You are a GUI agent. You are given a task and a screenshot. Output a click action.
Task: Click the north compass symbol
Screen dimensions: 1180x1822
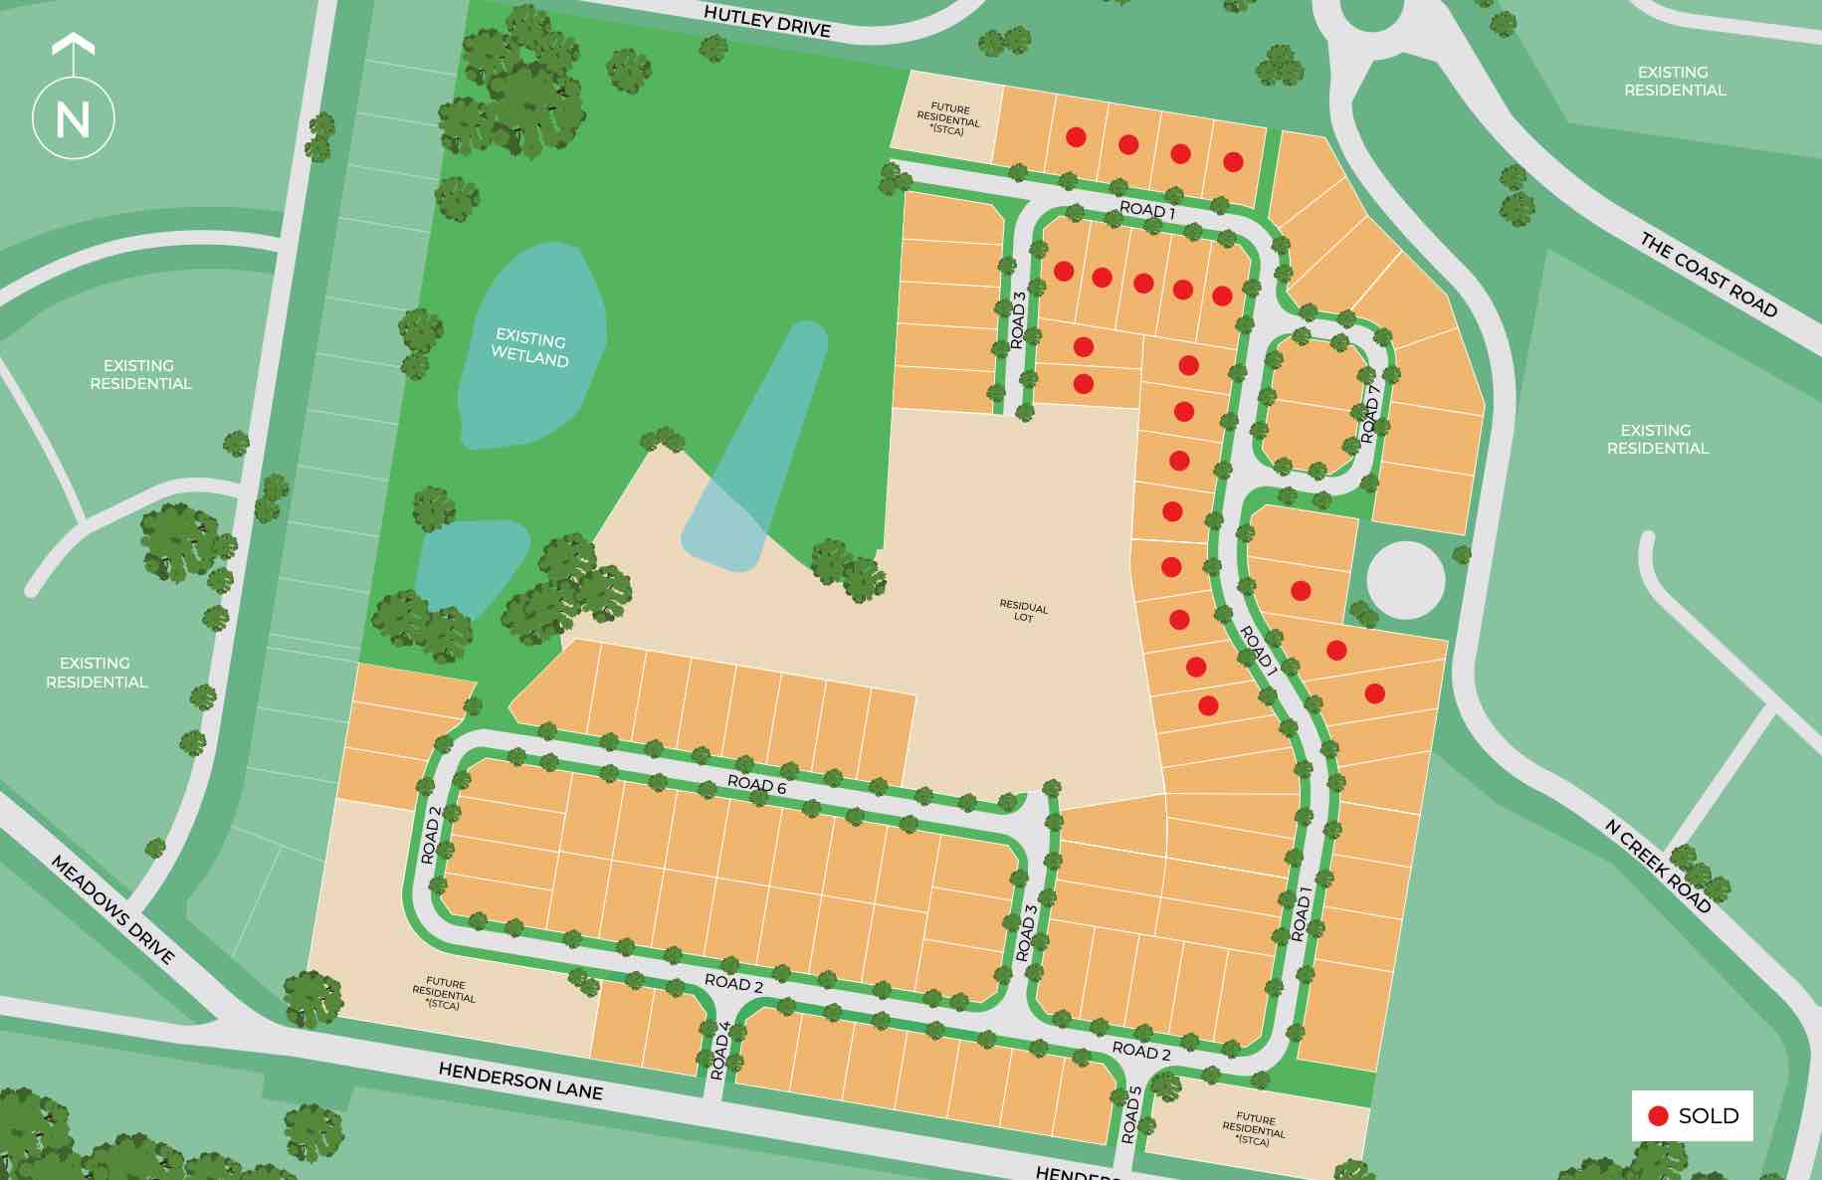pos(73,117)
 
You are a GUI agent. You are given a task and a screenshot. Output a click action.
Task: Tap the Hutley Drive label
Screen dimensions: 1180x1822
pos(767,21)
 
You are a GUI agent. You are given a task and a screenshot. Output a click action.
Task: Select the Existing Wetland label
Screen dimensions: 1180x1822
pos(530,348)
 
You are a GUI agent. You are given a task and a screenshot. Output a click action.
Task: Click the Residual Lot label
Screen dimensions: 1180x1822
pos(1023,611)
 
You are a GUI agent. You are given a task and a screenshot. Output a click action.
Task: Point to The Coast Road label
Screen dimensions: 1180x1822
pos(1708,275)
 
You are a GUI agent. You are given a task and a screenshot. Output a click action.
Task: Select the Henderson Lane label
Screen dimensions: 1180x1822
pos(520,1081)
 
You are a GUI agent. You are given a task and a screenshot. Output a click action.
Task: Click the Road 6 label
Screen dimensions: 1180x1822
pos(756,784)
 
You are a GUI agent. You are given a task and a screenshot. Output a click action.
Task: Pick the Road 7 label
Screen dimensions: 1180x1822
pos(1371,414)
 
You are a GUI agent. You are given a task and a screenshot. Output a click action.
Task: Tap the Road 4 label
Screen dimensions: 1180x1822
pos(719,1051)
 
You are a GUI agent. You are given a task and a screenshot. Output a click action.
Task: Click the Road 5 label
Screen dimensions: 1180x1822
pos(1130,1114)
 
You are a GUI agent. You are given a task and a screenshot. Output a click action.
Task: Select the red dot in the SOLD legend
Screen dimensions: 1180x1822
pos(1658,1116)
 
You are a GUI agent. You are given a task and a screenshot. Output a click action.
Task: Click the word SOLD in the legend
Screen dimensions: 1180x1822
pos(1709,1116)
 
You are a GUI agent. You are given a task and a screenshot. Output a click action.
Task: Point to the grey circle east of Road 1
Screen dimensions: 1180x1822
pos(1405,580)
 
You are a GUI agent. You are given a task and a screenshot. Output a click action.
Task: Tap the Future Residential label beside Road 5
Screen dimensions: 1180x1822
pos(1254,1129)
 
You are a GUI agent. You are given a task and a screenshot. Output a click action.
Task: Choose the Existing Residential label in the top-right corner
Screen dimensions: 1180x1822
pos(1674,82)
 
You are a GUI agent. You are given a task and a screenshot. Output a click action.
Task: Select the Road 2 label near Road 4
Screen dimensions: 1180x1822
pos(733,984)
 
